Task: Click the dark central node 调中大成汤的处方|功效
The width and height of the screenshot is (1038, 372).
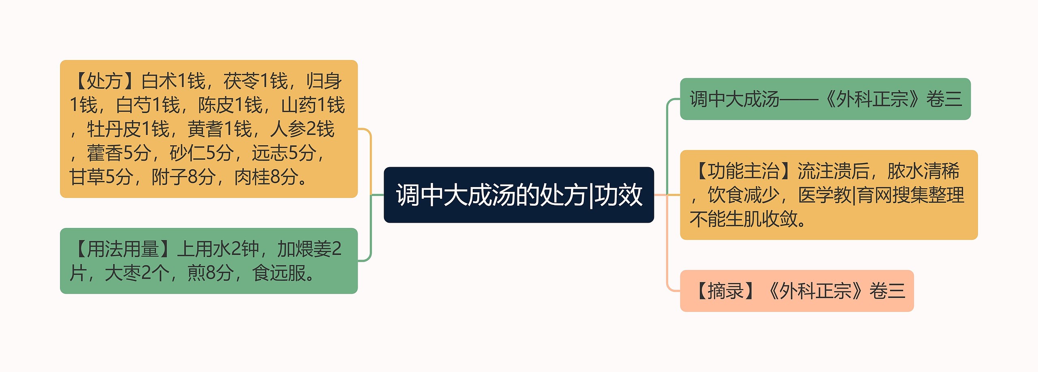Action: [519, 195]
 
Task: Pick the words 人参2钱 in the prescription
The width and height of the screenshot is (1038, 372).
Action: [302, 129]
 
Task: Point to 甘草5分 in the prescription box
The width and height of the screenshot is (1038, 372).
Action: [101, 177]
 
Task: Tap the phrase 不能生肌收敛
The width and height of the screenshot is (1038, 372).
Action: [743, 219]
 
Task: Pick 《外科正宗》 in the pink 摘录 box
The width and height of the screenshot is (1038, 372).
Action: [815, 291]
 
